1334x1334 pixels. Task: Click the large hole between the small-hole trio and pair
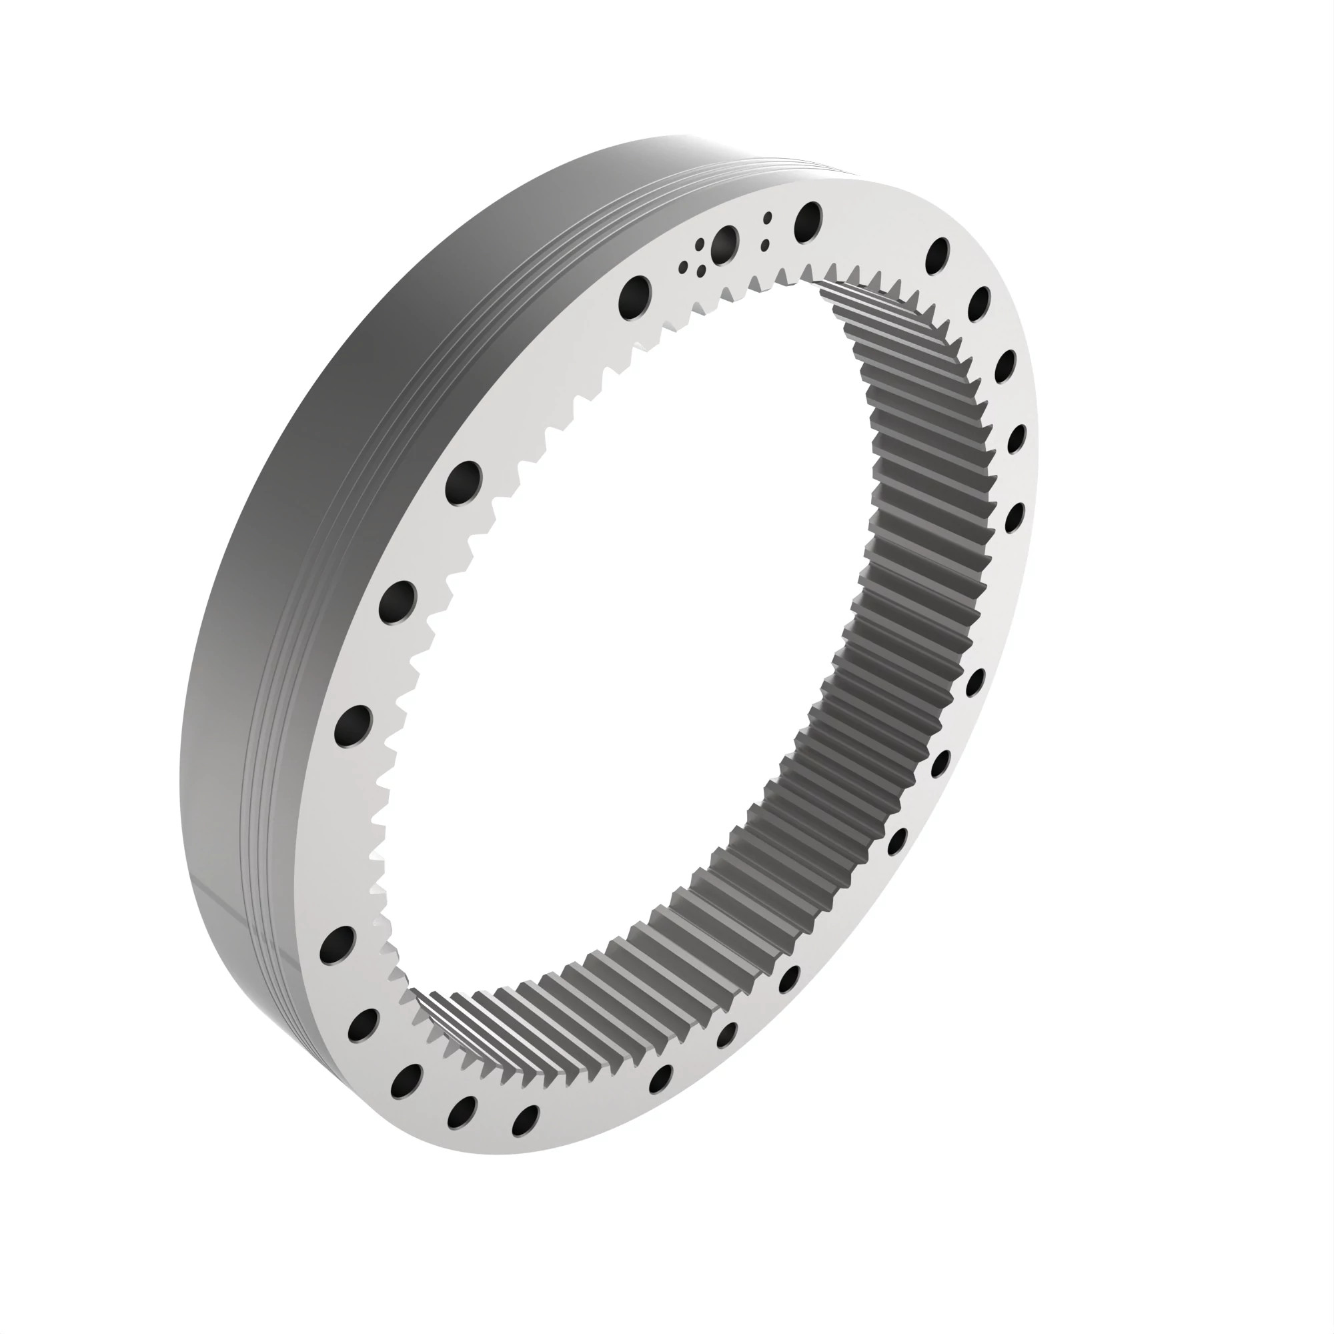click(x=725, y=244)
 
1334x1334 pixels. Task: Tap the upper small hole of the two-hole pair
click(x=767, y=218)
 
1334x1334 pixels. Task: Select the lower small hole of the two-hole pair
click(x=764, y=244)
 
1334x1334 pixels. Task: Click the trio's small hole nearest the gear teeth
click(x=702, y=271)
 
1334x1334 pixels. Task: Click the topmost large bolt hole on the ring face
click(x=808, y=221)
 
